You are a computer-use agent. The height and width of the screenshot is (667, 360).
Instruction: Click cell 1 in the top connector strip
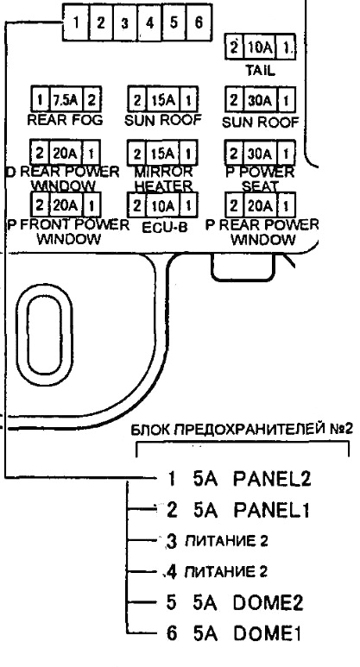(76, 22)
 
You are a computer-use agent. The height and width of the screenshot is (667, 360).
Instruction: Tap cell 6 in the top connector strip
(199, 22)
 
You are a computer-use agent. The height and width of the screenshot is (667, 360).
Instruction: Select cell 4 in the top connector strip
(149, 22)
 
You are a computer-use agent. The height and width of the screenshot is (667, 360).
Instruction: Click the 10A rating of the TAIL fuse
(260, 47)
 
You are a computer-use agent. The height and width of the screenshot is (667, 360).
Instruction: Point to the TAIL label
(260, 70)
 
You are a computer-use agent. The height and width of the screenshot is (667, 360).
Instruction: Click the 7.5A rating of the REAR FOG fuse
(65, 100)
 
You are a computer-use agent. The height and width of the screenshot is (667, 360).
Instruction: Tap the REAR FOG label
(65, 120)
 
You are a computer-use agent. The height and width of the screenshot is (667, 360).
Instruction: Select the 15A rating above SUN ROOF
(162, 100)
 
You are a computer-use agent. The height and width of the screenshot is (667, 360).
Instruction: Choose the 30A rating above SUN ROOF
(260, 101)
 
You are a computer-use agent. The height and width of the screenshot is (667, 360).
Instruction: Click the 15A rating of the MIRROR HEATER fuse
(162, 153)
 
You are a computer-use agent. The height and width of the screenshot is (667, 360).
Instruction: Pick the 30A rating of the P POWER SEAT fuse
(260, 153)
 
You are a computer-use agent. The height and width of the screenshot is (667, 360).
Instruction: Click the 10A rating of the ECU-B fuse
(163, 206)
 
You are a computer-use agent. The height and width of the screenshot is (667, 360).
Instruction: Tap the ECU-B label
(164, 227)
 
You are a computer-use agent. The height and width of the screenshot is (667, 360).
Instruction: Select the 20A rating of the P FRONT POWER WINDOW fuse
(64, 206)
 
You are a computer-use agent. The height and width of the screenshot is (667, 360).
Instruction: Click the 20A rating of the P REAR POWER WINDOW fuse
(260, 206)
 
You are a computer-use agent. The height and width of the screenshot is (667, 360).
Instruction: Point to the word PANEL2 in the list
(272, 479)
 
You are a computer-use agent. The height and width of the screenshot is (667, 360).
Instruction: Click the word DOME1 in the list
(268, 634)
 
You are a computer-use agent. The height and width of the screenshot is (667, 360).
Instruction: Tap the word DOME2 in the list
(268, 603)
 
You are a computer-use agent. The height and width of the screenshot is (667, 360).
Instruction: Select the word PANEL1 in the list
(271, 510)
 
